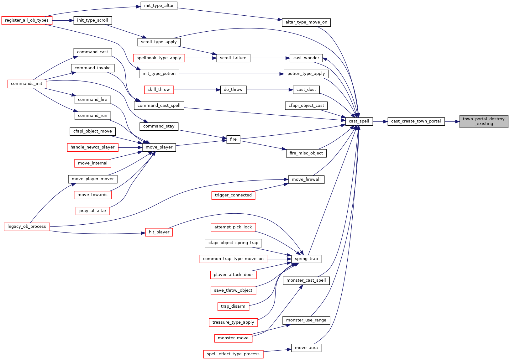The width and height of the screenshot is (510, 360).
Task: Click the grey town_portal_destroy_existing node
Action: [x=484, y=122]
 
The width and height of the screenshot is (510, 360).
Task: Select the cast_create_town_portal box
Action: [x=416, y=122]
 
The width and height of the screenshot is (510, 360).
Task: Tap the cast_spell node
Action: [x=359, y=122]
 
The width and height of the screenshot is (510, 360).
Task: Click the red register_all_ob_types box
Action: [x=27, y=20]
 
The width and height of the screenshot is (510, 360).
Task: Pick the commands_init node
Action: [x=27, y=84]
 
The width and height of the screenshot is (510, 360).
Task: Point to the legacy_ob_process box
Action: [x=27, y=227]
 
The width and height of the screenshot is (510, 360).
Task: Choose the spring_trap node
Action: [x=306, y=259]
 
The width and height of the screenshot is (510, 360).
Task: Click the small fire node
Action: [x=233, y=139]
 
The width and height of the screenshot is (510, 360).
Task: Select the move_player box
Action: [x=159, y=148]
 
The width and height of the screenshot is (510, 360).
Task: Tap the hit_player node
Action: [x=159, y=232]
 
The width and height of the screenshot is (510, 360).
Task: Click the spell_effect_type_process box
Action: [x=233, y=354]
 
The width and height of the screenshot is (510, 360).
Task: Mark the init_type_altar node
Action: [x=159, y=6]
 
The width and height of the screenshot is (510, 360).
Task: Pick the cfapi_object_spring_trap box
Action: [x=233, y=243]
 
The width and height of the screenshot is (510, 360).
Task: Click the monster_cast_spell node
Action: [x=306, y=281]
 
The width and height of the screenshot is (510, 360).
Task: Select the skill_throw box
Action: [x=159, y=90]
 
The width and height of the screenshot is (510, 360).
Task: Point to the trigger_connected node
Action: [x=233, y=196]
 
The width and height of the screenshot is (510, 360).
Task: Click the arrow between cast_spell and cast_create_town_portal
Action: [x=380, y=122]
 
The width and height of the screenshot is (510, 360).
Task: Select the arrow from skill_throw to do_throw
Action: [x=197, y=90]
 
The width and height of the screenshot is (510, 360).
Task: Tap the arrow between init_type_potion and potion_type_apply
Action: [x=231, y=74]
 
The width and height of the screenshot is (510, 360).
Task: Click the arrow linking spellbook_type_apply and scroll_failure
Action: [x=201, y=58]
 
